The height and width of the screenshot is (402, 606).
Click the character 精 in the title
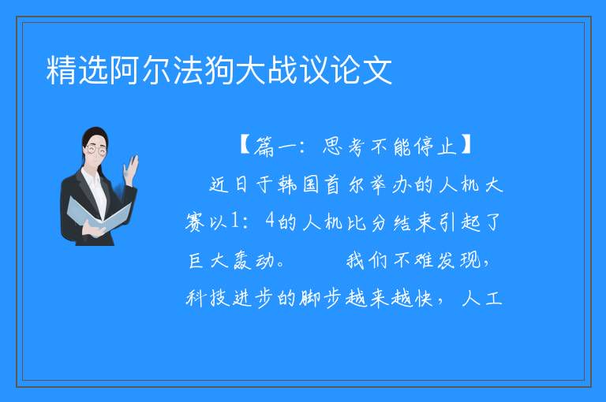coord(62,70)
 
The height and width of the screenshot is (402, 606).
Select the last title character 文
coord(377,70)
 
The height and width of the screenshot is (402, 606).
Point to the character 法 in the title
coord(188,70)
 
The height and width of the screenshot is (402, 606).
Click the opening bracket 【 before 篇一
coord(245,145)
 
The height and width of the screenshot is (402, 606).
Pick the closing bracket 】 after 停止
coord(466,145)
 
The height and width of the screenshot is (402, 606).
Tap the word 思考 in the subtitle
coord(343,146)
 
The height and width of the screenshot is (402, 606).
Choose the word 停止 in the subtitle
coord(436,146)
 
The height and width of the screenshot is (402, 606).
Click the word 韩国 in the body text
coord(298,184)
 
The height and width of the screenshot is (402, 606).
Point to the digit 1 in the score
coord(234,221)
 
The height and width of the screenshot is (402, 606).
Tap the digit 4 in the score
coord(270,221)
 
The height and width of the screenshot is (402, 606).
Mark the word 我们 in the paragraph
coord(366,260)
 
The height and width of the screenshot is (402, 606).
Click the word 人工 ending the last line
coord(482,298)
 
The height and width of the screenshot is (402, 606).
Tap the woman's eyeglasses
coord(96,149)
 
